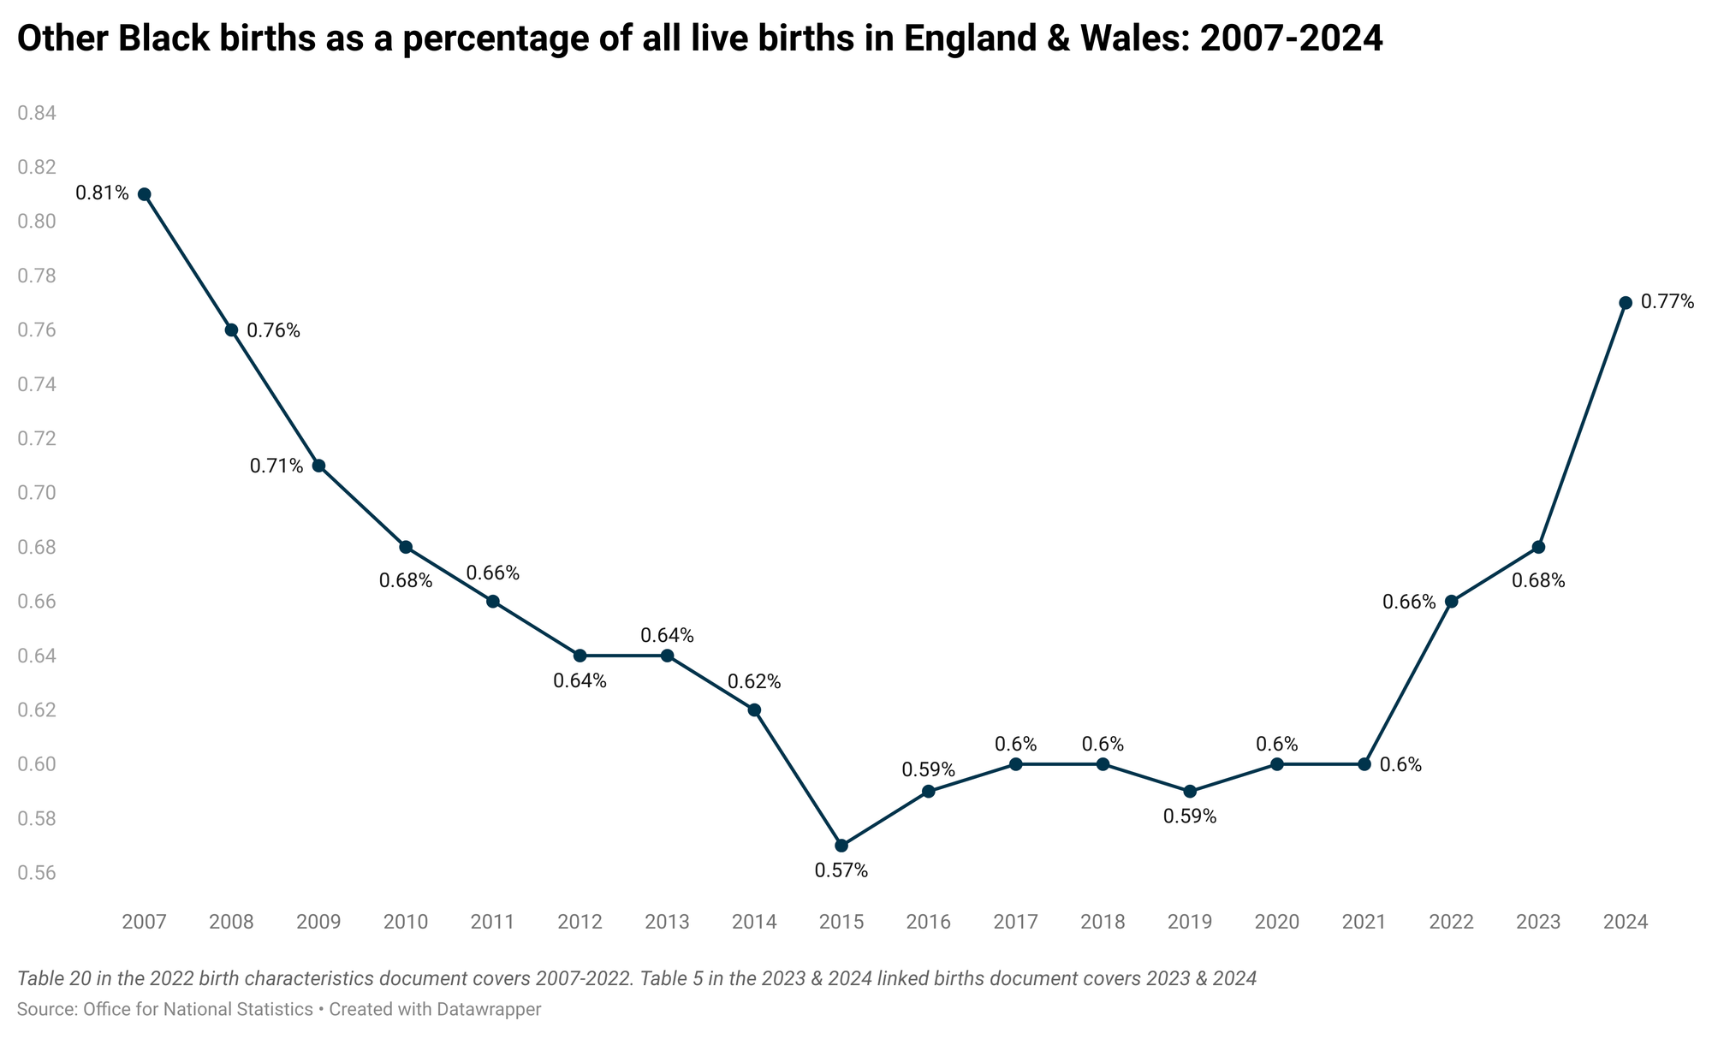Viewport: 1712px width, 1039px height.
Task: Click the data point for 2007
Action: coord(145,194)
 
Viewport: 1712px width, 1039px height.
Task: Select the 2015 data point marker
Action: coord(841,846)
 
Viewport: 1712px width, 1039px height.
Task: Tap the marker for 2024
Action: coord(1626,303)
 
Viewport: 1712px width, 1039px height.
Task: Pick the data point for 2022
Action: coord(1451,602)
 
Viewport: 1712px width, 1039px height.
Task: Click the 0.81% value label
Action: coord(102,193)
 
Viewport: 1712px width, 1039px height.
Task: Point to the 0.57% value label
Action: coord(841,871)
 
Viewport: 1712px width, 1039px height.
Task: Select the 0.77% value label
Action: coord(1667,302)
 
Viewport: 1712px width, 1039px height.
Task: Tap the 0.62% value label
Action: coord(754,682)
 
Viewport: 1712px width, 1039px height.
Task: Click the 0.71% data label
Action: coord(276,466)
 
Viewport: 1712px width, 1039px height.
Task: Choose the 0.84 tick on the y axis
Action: coord(36,113)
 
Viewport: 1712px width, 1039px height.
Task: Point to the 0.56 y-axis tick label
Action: coord(36,874)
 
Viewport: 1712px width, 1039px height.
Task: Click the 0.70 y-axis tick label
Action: coord(36,493)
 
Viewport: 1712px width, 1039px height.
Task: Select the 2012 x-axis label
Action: coord(580,923)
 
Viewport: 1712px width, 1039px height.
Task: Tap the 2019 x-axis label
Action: coord(1190,923)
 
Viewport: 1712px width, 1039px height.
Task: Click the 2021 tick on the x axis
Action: coord(1364,923)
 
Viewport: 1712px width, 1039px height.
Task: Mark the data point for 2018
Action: coord(1103,764)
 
